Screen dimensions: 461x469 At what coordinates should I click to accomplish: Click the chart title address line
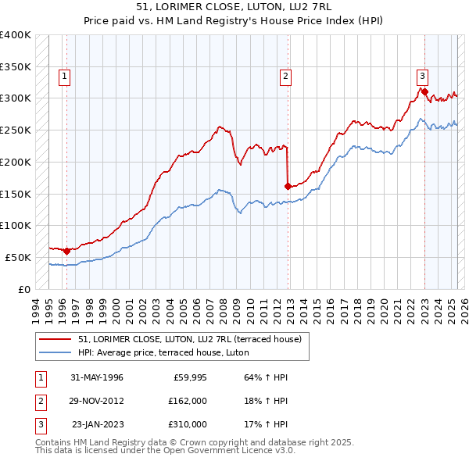click(x=234, y=7)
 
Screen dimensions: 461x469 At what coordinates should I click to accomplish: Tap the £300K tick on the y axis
click(x=16, y=98)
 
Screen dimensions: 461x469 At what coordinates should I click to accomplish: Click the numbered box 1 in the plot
click(x=63, y=77)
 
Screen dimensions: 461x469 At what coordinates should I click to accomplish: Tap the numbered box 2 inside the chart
click(x=286, y=77)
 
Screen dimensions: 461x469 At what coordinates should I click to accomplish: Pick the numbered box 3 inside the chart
click(x=422, y=77)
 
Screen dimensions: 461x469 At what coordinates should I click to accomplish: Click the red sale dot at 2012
click(x=288, y=186)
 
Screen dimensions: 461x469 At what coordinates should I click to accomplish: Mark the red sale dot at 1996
click(x=67, y=251)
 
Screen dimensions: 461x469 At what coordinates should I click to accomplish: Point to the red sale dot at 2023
click(x=424, y=91)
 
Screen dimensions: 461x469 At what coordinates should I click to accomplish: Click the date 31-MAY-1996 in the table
click(x=97, y=378)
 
